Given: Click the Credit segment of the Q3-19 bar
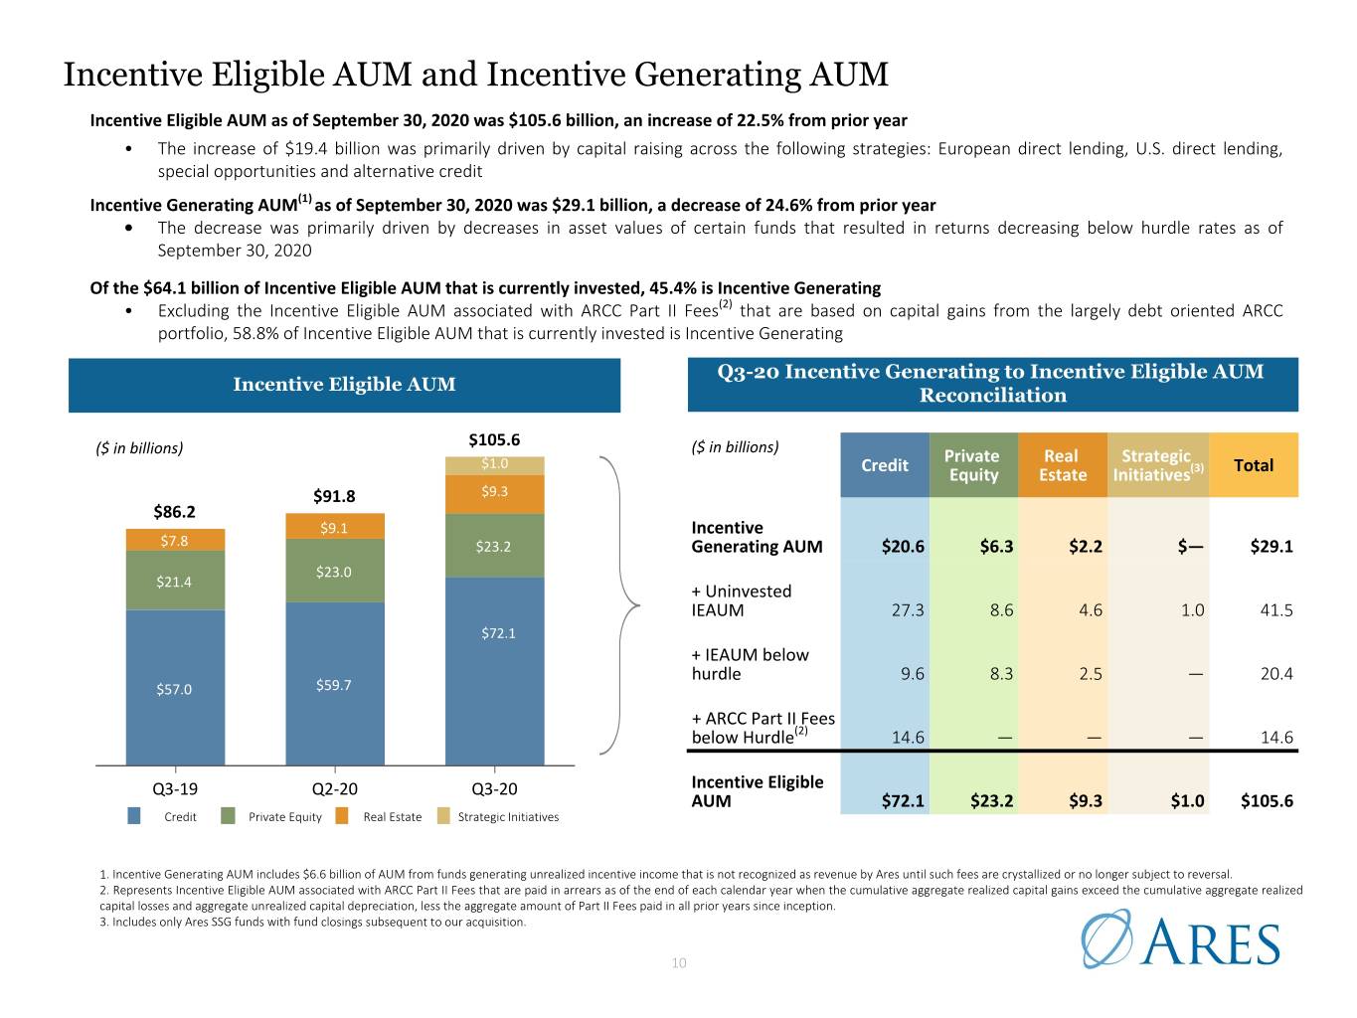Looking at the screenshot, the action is coord(175,687).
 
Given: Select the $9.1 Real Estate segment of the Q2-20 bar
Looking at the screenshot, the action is coord(334,526).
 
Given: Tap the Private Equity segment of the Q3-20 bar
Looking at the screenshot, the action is coord(494,546).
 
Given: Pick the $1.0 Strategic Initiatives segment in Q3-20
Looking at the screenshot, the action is coord(494,465).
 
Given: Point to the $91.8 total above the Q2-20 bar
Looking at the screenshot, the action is coord(334,496).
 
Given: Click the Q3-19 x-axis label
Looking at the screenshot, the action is coord(175,788).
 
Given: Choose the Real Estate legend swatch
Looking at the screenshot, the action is coord(342,816).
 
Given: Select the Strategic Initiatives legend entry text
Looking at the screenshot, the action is coord(508,816).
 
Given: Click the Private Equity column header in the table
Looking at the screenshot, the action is coord(972,465).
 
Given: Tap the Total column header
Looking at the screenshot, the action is coord(1254,465).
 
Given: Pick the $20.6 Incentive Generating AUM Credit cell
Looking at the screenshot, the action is coord(903,547).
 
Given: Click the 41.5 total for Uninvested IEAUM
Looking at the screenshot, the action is coord(1276,610).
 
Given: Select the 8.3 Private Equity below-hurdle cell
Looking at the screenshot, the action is coord(1001,674).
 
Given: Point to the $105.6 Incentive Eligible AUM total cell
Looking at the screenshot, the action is coord(1267,801).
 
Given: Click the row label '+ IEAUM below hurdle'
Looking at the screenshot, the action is coord(750,664).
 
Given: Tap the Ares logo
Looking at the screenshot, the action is coord(1180,939).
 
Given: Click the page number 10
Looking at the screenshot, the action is coord(679,962).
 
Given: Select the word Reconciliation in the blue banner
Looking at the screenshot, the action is coord(993,395).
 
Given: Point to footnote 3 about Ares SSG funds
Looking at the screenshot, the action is coord(313,922).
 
